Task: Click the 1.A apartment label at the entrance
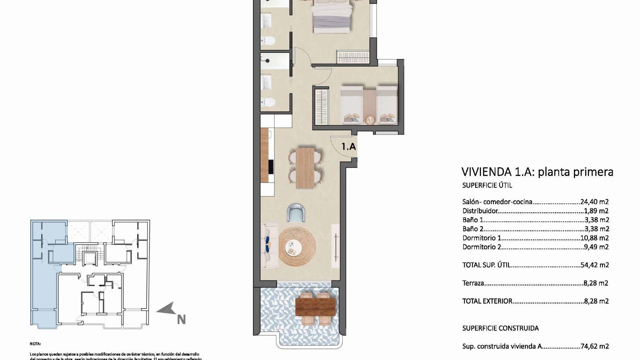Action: pyautogui.click(x=349, y=146)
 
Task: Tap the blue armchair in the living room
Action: pyautogui.click(x=296, y=213)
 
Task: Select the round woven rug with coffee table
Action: pyautogui.click(x=297, y=246)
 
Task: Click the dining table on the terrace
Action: pyautogui.click(x=315, y=306)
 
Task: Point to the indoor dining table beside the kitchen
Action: pyautogui.click(x=305, y=168)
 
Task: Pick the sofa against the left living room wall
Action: pyautogui.click(x=270, y=246)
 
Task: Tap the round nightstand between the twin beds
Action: pyautogui.click(x=369, y=119)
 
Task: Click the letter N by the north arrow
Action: pyautogui.click(x=181, y=320)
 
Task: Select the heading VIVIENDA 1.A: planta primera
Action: pyautogui.click(x=537, y=172)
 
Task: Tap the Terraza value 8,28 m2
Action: pyautogui.click(x=596, y=283)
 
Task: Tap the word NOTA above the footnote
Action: pyautogui.click(x=35, y=344)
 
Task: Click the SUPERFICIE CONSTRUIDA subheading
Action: pyautogui.click(x=500, y=328)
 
